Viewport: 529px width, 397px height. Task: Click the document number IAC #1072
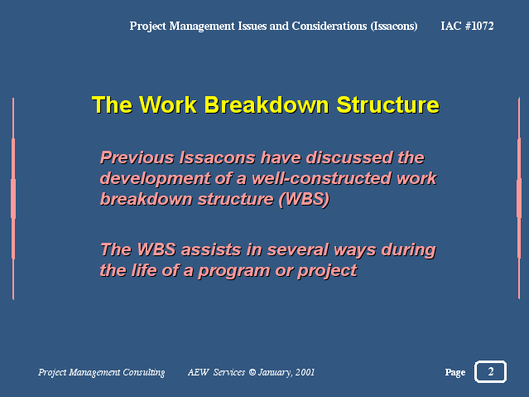[467, 26]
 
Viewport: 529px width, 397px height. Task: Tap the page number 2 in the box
[491, 371]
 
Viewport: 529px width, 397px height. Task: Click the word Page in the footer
[455, 372]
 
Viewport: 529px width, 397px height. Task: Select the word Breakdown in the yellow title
[267, 104]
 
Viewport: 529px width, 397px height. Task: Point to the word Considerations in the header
[329, 26]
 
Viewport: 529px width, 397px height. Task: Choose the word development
[155, 179]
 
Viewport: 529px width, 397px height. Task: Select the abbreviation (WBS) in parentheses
[304, 200]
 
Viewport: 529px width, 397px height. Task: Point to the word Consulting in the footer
[144, 372]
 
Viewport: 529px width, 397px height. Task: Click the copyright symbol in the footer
[252, 372]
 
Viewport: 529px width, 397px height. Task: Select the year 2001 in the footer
[305, 372]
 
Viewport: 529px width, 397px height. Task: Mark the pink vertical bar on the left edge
[13, 199]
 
